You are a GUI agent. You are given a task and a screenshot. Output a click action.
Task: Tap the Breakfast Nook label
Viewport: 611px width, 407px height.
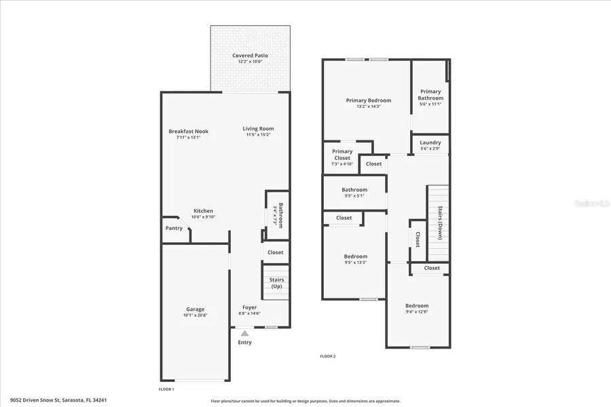[188, 132]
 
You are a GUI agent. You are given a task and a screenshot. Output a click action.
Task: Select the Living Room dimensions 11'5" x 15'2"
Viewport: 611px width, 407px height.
[259, 135]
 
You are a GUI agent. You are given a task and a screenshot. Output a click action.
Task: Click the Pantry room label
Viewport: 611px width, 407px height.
[174, 229]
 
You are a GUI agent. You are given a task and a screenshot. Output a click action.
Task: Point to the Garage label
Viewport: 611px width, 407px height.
[196, 309]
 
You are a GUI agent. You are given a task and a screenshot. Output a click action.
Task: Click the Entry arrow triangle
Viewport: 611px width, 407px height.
[244, 332]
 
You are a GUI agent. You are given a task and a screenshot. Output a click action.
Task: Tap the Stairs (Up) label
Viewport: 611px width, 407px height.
[276, 283]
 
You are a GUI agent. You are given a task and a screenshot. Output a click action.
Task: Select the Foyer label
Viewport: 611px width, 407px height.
[249, 308]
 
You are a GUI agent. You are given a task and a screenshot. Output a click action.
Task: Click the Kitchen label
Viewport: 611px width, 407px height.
[203, 211]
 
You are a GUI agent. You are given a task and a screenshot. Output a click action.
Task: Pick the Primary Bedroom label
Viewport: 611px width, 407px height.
[369, 100]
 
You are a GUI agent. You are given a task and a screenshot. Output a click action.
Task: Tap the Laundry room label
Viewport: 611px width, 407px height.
[430, 142]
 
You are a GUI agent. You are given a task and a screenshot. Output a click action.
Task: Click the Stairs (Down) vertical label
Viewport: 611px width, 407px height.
[440, 222]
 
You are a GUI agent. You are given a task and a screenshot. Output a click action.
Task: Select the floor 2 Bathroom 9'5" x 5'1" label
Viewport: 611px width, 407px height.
[354, 190]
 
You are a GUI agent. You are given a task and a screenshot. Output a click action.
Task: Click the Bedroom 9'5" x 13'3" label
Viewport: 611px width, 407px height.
[355, 256]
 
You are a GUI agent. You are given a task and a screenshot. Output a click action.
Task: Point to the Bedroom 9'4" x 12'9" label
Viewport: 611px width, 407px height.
[417, 306]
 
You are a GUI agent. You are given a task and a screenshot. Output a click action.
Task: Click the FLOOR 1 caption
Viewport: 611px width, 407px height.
[166, 389]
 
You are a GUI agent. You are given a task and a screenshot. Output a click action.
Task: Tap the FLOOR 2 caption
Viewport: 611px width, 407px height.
[328, 356]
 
